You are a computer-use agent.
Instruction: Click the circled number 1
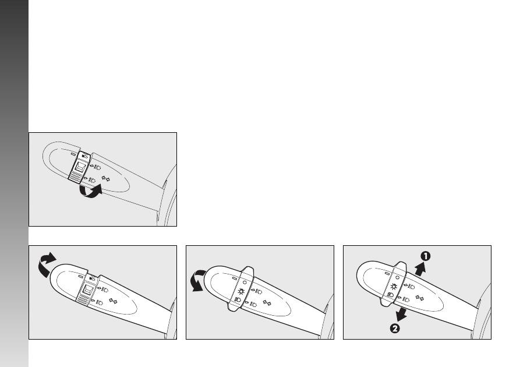426,256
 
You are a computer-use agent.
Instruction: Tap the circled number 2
395,329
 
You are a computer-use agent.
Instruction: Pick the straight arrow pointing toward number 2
402,314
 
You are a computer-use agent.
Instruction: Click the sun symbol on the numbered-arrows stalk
394,287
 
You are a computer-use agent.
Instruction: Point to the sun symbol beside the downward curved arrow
241,292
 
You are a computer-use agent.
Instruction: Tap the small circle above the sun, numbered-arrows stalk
397,277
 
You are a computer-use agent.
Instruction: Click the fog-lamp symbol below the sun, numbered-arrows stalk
390,295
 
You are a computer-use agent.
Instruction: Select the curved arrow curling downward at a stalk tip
198,280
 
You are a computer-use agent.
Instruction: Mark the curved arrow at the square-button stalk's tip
45,264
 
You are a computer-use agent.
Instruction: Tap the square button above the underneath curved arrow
80,167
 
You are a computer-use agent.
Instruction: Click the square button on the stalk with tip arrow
88,290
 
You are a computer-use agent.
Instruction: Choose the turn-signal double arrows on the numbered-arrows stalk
419,298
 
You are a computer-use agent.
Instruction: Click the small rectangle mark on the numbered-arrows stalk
387,274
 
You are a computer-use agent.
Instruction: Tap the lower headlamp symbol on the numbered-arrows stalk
404,299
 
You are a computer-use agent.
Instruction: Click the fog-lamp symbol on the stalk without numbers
238,299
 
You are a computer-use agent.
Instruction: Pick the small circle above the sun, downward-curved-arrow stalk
245,283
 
